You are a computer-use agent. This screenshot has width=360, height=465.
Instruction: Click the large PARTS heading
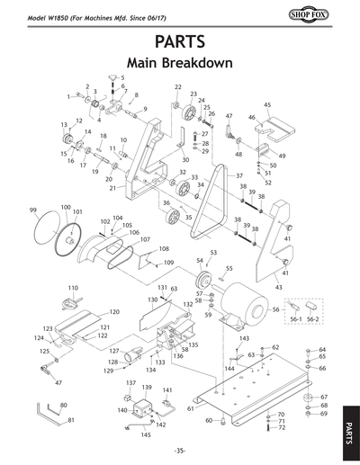(180, 42)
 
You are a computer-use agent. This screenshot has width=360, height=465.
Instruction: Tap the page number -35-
(180, 451)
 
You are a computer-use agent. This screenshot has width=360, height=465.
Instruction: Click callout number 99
(32, 210)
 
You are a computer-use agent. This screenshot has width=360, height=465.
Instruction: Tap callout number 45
(267, 105)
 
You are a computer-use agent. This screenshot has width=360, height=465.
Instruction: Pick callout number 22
(177, 86)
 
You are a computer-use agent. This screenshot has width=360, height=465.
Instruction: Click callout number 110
(74, 287)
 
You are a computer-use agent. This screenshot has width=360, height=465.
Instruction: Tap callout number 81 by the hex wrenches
(72, 420)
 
